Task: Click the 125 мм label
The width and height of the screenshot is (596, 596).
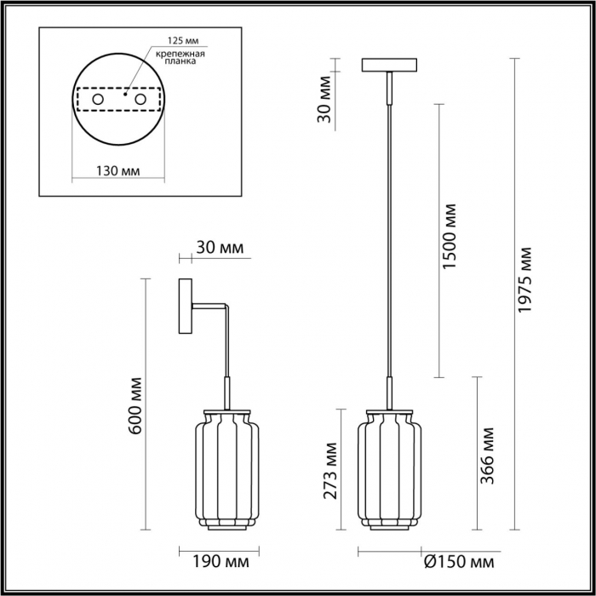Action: tap(183, 40)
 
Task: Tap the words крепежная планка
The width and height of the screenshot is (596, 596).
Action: tap(181, 57)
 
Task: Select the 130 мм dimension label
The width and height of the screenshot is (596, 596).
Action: tap(117, 171)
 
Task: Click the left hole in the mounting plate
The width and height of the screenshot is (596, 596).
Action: tap(98, 100)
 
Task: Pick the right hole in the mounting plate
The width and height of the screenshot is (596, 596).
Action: tap(140, 100)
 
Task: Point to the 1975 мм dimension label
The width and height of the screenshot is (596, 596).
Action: tap(525, 280)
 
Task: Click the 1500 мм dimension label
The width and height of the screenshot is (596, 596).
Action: tap(450, 237)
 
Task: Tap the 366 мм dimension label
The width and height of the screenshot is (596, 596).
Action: tap(487, 456)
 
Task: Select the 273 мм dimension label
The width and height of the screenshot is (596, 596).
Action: tap(330, 471)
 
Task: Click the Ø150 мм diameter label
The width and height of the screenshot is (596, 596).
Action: tap(459, 562)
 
